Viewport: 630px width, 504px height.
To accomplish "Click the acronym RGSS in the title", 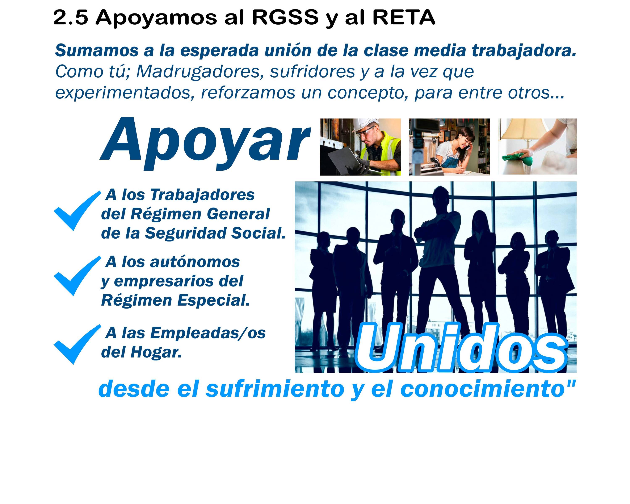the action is (x=285, y=18).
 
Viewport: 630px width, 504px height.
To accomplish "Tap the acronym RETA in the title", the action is (x=404, y=18).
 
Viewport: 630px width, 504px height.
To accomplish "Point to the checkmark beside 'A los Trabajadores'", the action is (x=77, y=211).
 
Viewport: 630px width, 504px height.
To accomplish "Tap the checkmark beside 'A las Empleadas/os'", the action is (x=77, y=344).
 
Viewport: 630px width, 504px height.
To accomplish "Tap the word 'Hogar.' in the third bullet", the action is (x=156, y=352).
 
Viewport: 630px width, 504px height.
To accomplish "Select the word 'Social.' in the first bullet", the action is (x=258, y=233).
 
